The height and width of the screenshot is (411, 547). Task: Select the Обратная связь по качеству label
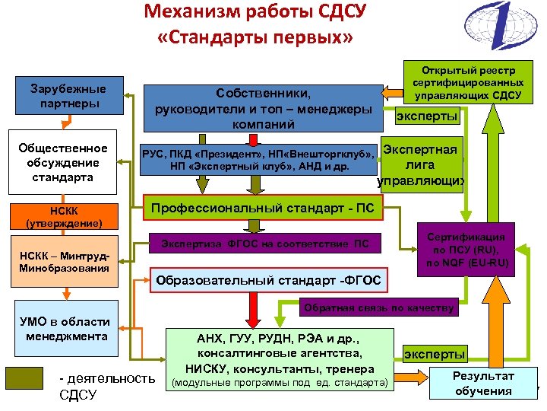[x=379, y=308]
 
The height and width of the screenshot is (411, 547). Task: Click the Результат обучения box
[x=483, y=383]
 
